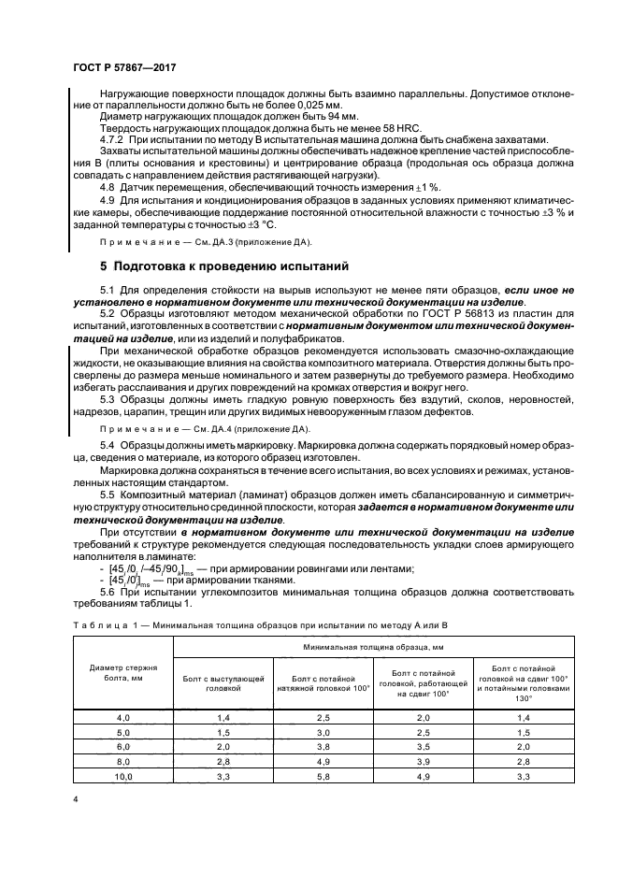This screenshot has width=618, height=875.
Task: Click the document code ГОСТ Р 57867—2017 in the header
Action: pos(124,68)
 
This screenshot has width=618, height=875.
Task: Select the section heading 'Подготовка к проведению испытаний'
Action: pos(217,265)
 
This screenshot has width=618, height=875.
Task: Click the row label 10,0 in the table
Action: pos(123,775)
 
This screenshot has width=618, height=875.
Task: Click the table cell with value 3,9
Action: pos(420,762)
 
